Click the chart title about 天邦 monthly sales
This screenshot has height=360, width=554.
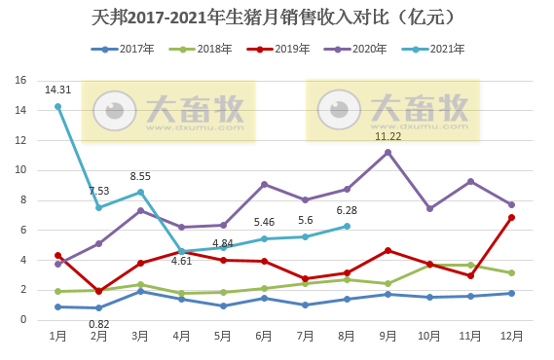277,18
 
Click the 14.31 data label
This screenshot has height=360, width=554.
57,90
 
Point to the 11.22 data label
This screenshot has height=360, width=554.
388,136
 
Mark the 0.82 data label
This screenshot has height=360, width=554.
99,324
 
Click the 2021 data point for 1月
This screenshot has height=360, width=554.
58,106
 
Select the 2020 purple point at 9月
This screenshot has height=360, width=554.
388,152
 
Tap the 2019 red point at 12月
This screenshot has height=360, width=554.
512,217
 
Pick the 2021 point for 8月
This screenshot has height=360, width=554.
347,226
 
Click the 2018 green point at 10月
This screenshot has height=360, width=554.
429,265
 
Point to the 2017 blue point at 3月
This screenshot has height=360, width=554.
140,291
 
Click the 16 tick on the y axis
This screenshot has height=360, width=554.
20,81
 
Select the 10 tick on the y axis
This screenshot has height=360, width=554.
20,170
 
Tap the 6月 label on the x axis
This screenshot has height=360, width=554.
264,335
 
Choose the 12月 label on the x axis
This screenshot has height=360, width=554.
512,335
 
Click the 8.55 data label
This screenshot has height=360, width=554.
140,176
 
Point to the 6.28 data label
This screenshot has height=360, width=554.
347,210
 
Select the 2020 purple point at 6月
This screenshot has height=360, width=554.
265,184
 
